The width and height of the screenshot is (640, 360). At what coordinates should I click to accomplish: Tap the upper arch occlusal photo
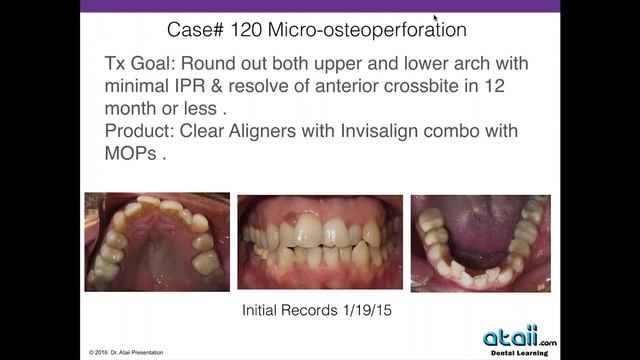pyautogui.click(x=157, y=241)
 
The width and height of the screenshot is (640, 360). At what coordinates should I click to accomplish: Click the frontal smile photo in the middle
pyautogui.click(x=319, y=241)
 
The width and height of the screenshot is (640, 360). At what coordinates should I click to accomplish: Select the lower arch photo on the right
pyautogui.click(x=480, y=241)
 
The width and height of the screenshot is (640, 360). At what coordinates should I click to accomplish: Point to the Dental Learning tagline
pyautogui.click(x=522, y=353)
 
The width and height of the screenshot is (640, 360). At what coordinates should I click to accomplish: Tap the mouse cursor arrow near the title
pyautogui.click(x=435, y=18)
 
